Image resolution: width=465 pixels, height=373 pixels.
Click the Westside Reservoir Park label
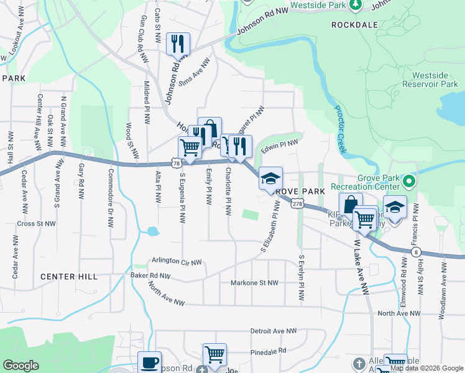435,84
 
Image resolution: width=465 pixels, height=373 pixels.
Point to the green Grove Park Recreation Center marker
408,182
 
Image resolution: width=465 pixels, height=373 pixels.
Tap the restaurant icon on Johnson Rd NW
178,44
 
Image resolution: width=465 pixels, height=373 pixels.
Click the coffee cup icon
149,362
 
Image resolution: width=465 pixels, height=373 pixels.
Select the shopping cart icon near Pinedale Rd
214,354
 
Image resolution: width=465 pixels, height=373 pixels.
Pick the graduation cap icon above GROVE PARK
270,178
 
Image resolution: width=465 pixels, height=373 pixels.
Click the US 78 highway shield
178,163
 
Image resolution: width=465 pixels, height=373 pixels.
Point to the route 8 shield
415,251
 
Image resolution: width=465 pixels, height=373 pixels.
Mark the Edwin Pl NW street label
280,146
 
